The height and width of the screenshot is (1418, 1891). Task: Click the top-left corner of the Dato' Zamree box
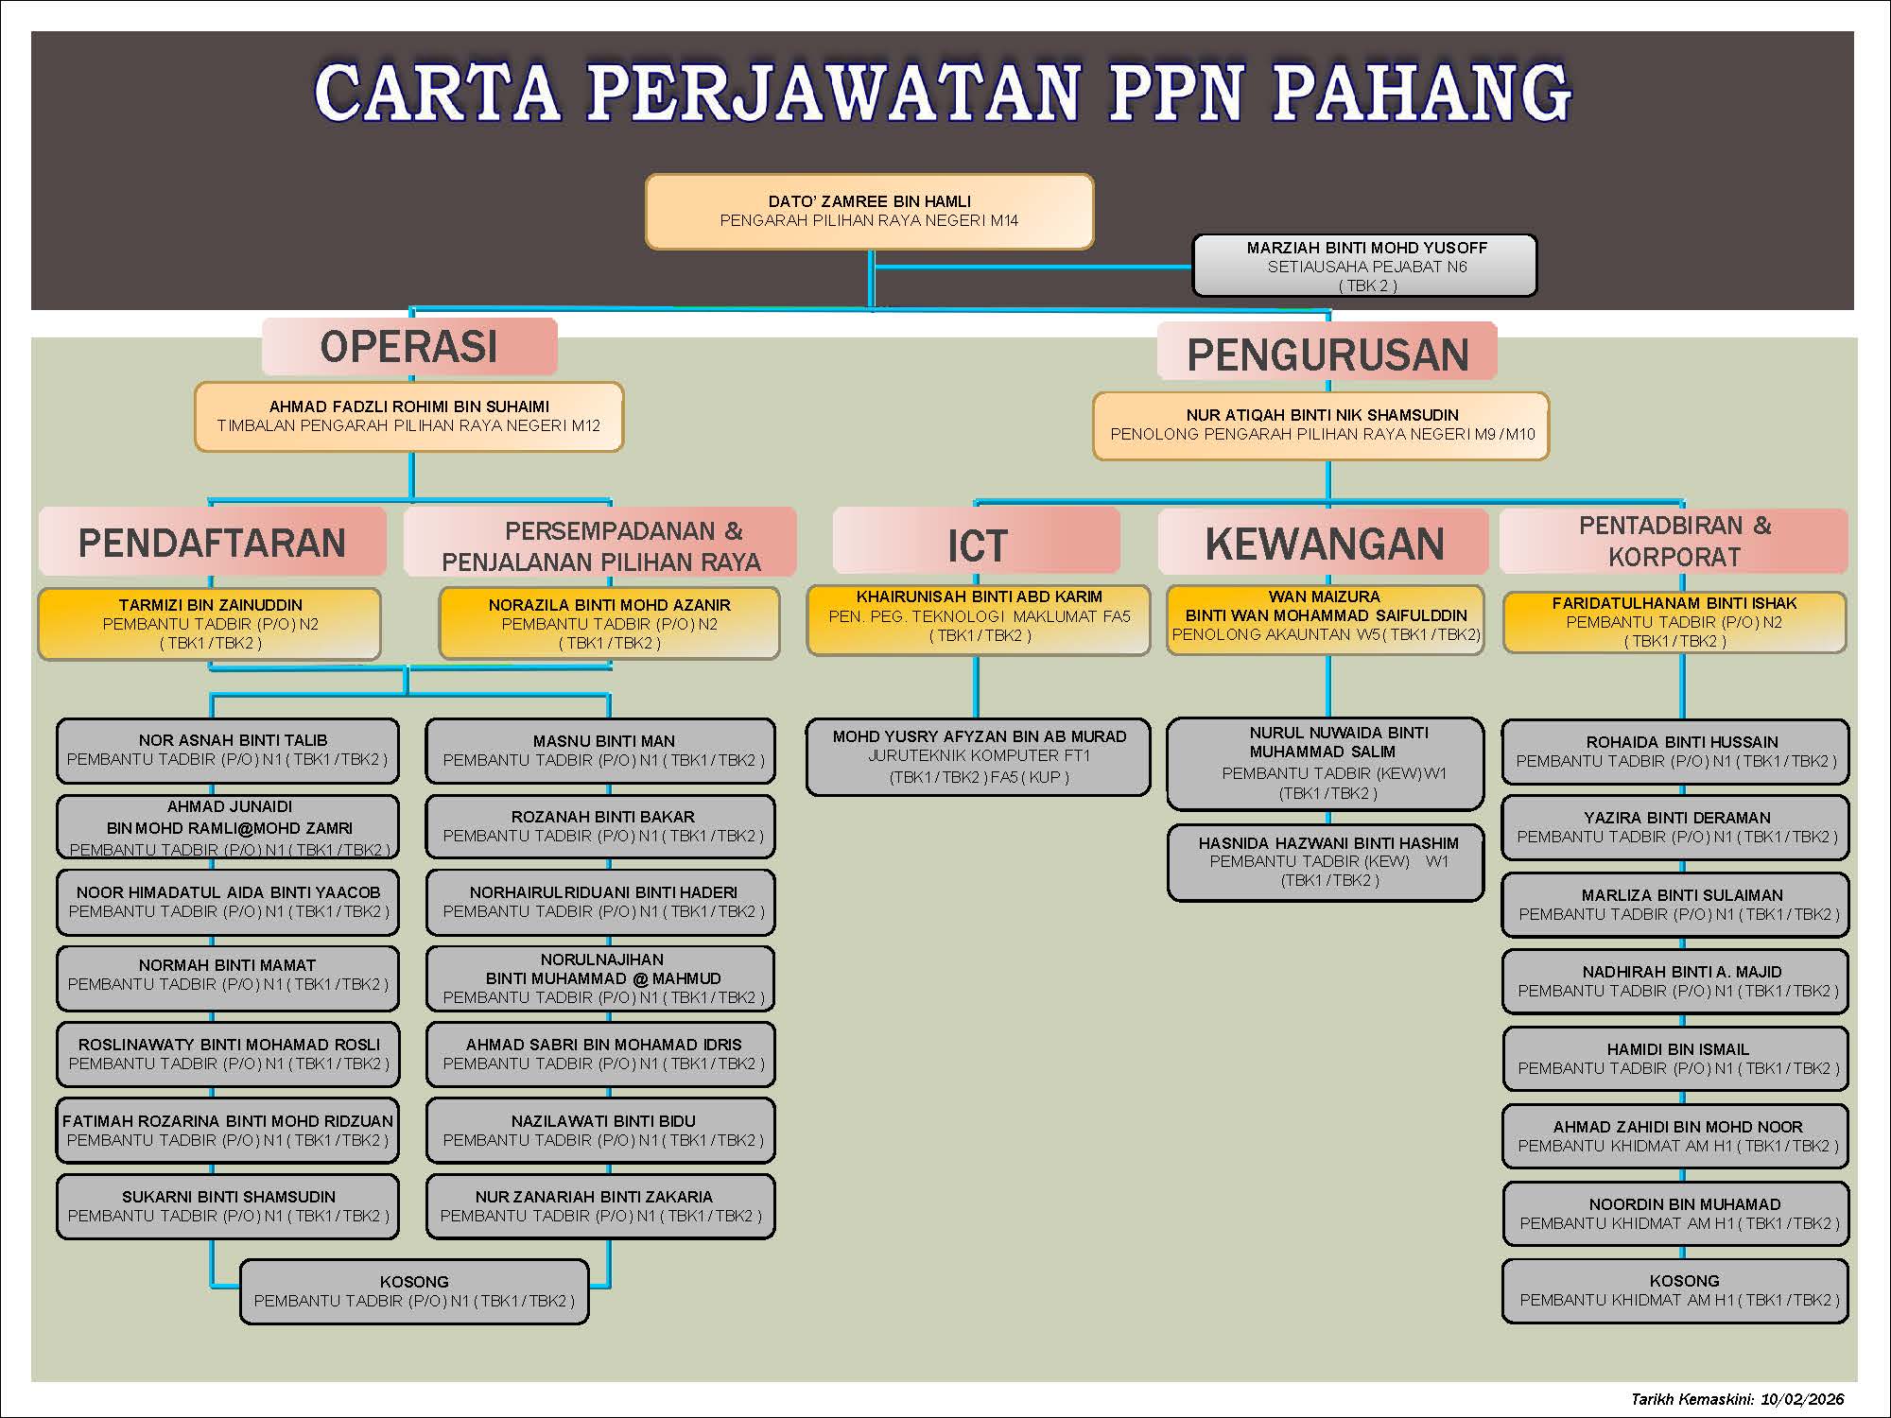point(647,175)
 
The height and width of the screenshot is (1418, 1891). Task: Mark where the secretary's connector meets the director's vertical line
point(871,267)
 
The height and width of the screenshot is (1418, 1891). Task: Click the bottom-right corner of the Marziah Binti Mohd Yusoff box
point(1536,296)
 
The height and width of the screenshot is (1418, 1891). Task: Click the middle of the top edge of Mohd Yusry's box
point(978,719)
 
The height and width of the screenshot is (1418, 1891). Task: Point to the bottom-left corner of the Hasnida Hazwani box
point(1169,900)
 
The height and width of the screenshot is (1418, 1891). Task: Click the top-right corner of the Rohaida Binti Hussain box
point(1848,721)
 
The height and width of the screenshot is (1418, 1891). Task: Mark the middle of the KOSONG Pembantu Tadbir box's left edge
point(241,1291)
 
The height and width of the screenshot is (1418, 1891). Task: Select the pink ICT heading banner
point(976,541)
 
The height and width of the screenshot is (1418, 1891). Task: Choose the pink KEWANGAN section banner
point(1323,542)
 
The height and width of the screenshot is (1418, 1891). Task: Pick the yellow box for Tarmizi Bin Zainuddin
point(209,624)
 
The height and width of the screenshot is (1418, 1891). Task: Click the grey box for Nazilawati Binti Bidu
point(600,1130)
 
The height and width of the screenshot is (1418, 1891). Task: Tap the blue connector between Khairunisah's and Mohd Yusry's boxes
point(977,687)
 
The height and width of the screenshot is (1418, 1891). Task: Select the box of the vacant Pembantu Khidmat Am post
point(1674,1290)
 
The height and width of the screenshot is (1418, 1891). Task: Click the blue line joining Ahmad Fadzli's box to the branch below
point(411,476)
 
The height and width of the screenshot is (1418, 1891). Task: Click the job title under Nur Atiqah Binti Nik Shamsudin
point(1322,434)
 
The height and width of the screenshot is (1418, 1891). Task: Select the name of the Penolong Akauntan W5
point(1326,606)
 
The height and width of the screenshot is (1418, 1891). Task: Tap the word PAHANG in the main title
point(1422,93)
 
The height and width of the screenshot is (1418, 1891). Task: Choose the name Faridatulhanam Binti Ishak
point(1674,603)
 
